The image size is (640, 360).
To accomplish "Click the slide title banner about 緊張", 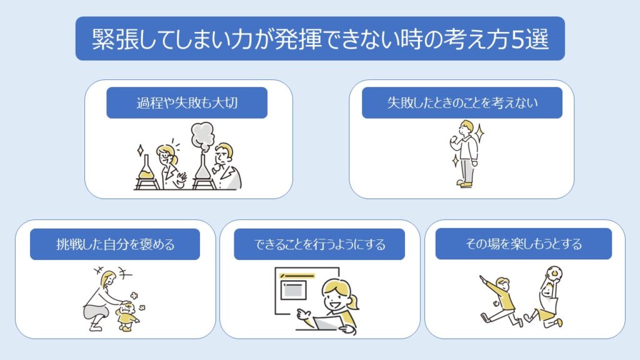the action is click(x=320, y=38).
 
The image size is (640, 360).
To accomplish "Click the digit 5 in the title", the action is click(x=518, y=39).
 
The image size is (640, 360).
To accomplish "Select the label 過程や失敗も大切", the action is click(x=187, y=103).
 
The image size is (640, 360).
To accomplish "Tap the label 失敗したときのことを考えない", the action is click(x=462, y=103).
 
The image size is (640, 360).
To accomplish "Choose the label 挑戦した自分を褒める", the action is click(x=115, y=244).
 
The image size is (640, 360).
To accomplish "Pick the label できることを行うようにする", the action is click(x=319, y=244).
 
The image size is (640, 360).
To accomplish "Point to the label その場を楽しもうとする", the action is click(x=524, y=244).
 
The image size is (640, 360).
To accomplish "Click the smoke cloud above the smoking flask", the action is click(x=203, y=136).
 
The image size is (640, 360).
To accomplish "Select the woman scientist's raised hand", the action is click(x=181, y=178).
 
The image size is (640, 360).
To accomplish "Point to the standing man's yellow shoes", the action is click(x=465, y=184).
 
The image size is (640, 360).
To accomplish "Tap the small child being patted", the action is click(x=126, y=316).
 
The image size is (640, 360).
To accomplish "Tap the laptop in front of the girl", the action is click(x=329, y=323).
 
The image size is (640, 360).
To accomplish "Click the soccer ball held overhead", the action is click(x=554, y=273).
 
